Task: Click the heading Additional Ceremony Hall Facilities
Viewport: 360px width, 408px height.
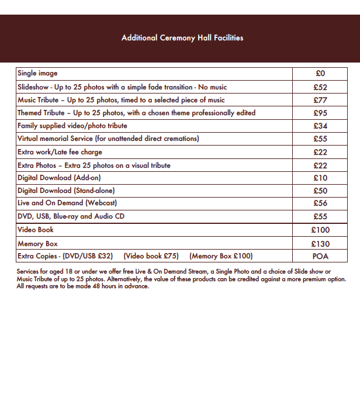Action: pos(182,38)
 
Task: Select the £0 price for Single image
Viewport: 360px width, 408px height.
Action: pos(320,74)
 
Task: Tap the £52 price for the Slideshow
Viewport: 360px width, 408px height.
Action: pos(320,87)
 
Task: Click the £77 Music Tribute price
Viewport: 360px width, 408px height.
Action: pos(320,100)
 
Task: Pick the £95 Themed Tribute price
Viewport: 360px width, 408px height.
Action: pos(320,113)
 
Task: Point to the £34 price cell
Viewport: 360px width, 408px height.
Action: pos(320,126)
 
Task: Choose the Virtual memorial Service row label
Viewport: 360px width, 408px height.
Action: pos(108,139)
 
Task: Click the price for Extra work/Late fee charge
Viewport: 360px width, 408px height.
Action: pos(320,152)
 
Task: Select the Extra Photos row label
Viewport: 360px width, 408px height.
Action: pos(94,165)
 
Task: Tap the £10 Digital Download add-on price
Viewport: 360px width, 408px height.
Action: pos(320,178)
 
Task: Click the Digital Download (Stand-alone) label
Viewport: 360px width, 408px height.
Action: pos(66,191)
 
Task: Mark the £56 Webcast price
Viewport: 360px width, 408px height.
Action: pos(320,203)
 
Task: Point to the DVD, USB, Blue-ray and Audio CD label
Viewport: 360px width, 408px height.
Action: pos(71,216)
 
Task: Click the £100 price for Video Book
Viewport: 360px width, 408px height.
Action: pos(320,230)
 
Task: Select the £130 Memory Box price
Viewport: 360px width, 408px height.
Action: pos(320,244)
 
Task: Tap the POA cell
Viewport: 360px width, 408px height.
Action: pos(320,256)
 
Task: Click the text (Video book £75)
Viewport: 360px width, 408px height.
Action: pos(151,256)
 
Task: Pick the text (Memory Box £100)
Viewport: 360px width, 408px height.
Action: pos(221,256)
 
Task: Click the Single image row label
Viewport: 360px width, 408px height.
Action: pos(37,74)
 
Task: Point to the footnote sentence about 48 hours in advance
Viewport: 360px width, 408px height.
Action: pos(83,286)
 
